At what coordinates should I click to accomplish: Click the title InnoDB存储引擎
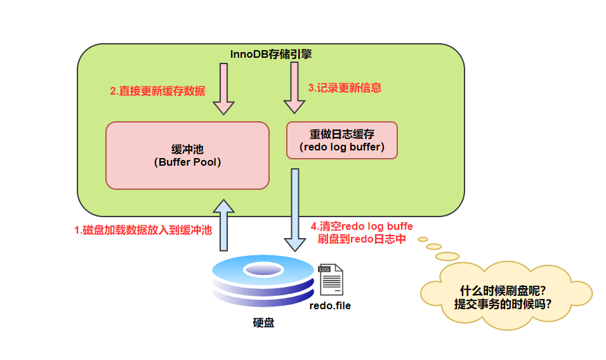271,55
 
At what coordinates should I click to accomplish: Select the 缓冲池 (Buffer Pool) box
187,156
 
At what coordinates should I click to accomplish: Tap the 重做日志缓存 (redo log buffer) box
342,140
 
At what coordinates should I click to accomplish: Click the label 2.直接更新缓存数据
157,91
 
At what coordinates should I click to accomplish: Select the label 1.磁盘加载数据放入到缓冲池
143,230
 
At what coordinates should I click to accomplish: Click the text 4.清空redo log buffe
362,226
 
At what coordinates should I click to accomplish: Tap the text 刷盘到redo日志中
362,239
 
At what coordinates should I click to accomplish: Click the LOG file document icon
331,280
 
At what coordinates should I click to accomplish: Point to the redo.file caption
330,305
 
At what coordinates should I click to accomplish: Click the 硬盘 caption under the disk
263,323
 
